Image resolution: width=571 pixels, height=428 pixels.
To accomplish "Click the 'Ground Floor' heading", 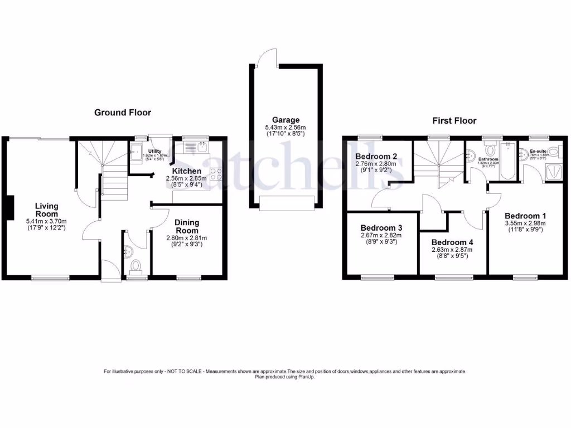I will (122, 113).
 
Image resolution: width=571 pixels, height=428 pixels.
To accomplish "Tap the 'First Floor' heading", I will (454, 120).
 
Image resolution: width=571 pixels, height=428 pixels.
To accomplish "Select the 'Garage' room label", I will (285, 120).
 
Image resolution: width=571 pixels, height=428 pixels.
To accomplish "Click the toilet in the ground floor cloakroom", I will (134, 265).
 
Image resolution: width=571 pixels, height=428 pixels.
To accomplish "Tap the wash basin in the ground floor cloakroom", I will (128, 250).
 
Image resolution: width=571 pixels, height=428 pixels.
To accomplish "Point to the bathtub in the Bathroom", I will (508, 162).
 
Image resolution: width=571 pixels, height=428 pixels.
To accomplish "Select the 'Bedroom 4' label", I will (452, 242).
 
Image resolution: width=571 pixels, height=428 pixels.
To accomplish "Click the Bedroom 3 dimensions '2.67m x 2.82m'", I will (381, 236).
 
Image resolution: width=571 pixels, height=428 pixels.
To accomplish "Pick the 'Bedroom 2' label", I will (376, 156).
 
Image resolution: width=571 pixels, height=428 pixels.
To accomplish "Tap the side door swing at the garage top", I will (267, 56).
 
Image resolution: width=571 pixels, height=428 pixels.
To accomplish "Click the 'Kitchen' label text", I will (186, 171).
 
